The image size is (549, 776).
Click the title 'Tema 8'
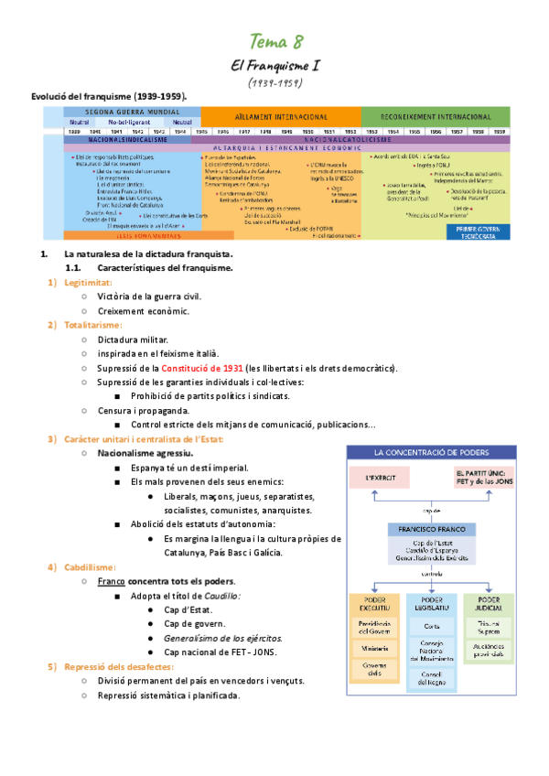(275, 40)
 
